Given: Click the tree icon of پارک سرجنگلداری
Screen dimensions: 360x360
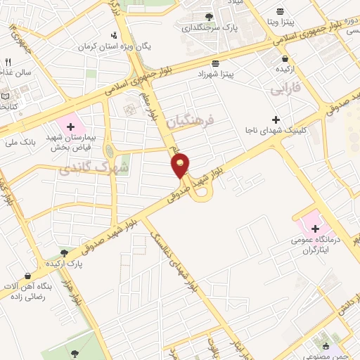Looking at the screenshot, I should pyautogui.click(x=208, y=17).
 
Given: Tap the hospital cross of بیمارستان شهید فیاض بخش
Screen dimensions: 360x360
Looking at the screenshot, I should pyautogui.click(x=70, y=126).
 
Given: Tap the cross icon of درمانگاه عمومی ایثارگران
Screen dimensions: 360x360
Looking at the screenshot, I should pyautogui.click(x=316, y=229).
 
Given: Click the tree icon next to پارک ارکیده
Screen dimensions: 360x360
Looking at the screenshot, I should pyautogui.click(x=64, y=252).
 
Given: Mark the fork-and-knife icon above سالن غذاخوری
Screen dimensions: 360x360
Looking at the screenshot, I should pyautogui.click(x=8, y=62).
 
